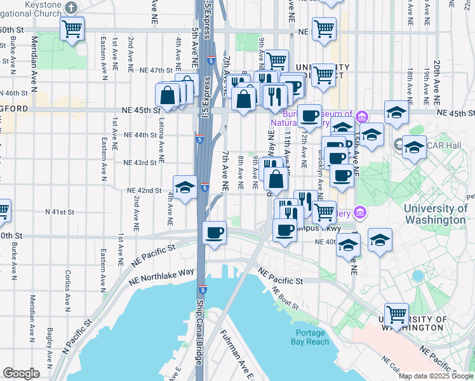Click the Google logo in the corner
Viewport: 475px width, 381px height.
pyautogui.click(x=21, y=373)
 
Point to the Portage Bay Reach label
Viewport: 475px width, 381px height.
pyautogui.click(x=312, y=337)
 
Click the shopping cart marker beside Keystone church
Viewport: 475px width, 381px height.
pyautogui.click(x=72, y=29)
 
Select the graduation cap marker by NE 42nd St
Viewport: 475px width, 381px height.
pyautogui.click(x=185, y=188)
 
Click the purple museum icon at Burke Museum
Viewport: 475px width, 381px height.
pyautogui.click(x=362, y=116)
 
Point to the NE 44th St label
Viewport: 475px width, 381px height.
pyautogui.click(x=140, y=135)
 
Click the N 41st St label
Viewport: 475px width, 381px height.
pyautogui.click(x=60, y=211)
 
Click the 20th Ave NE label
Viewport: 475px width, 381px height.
pyautogui.click(x=437, y=83)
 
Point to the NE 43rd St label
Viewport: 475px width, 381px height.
pyautogui.click(x=140, y=163)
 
